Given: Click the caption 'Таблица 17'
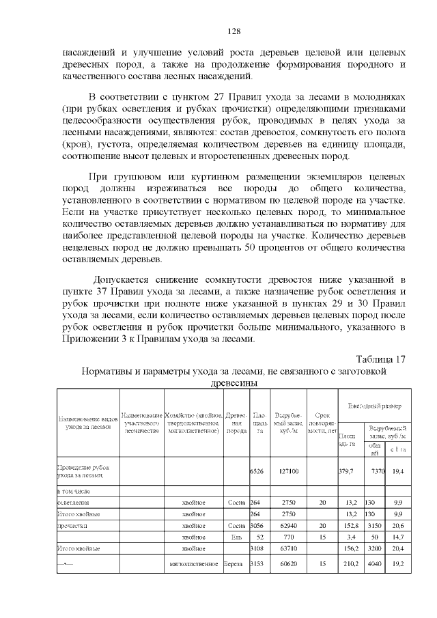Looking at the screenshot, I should [380, 360].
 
